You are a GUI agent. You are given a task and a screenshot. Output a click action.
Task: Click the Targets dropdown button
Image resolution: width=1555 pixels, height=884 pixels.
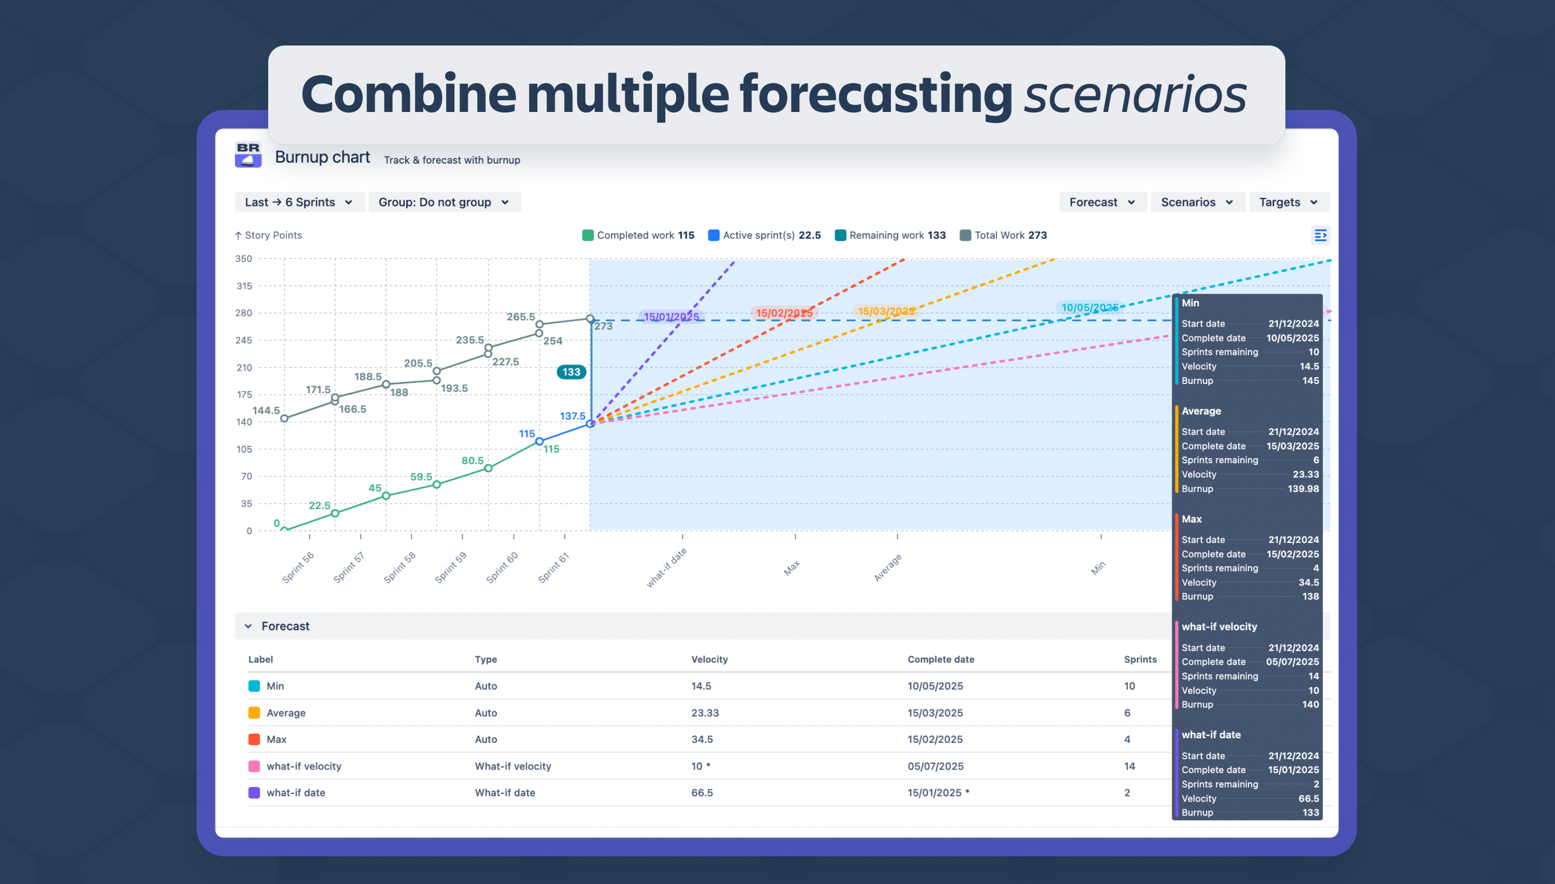pyautogui.click(x=1288, y=202)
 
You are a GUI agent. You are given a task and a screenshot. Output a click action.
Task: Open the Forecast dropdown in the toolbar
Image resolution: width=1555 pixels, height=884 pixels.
pyautogui.click(x=1102, y=202)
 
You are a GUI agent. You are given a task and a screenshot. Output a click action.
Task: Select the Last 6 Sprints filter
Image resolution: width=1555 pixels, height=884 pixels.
pyautogui.click(x=299, y=202)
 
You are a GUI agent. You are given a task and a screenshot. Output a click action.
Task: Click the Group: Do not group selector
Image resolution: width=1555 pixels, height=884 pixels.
pyautogui.click(x=444, y=202)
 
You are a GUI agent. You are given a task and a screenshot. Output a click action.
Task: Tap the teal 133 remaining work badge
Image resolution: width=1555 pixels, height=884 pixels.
pyautogui.click(x=571, y=372)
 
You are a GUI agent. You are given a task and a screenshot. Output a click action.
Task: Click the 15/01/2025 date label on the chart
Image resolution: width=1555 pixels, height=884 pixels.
pyautogui.click(x=671, y=316)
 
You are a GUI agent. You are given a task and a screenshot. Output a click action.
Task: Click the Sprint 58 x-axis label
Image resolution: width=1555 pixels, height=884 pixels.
pyautogui.click(x=400, y=567)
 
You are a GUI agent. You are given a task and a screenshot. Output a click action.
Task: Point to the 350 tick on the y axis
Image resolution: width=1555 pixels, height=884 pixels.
pyautogui.click(x=244, y=259)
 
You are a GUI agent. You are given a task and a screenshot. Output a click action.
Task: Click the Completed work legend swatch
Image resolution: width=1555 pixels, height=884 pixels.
pyautogui.click(x=587, y=235)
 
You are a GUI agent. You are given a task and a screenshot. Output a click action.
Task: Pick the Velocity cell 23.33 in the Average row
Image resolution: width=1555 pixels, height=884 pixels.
pyautogui.click(x=705, y=713)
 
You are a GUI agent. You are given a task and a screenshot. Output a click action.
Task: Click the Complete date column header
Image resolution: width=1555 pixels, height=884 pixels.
pyautogui.click(x=940, y=660)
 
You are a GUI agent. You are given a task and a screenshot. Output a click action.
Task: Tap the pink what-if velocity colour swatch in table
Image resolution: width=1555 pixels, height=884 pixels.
pyautogui.click(x=254, y=766)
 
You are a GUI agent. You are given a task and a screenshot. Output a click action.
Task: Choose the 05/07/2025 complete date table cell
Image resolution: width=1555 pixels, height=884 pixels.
pyautogui.click(x=935, y=766)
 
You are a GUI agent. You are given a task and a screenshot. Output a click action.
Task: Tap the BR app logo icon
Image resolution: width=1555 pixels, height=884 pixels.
pyautogui.click(x=248, y=155)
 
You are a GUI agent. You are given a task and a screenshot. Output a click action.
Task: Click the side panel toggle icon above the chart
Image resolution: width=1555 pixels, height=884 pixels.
pyautogui.click(x=1320, y=235)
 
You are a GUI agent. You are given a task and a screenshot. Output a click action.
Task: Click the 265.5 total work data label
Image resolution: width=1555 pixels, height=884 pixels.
pyautogui.click(x=520, y=317)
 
